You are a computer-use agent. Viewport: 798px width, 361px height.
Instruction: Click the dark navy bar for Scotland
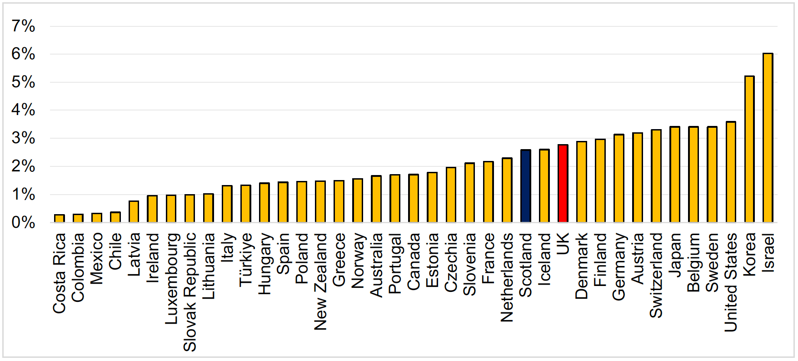pyautogui.click(x=525, y=186)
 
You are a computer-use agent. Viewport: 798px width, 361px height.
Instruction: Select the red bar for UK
pyautogui.click(x=563, y=184)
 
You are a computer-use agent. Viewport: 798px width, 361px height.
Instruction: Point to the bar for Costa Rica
pyautogui.click(x=60, y=218)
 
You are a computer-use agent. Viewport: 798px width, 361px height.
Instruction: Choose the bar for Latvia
pyautogui.click(x=134, y=211)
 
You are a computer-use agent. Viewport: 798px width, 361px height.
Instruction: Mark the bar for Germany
pyautogui.click(x=618, y=178)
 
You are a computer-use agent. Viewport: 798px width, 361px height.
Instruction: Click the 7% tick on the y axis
pyautogui.click(x=23, y=26)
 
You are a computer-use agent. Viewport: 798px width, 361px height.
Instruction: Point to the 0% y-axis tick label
pyautogui.click(x=23, y=223)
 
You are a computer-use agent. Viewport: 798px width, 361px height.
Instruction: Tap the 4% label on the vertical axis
pyautogui.click(x=23, y=110)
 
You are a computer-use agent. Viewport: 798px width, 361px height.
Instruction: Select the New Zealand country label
pyautogui.click(x=321, y=281)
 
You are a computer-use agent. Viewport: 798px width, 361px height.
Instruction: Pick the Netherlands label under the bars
pyautogui.click(x=507, y=277)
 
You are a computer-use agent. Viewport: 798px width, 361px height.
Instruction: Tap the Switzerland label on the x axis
pyautogui.click(x=656, y=275)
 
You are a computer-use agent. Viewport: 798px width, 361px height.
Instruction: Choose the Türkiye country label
pyautogui.click(x=246, y=259)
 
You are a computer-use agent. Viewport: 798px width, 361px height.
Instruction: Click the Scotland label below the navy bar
pyautogui.click(x=525, y=265)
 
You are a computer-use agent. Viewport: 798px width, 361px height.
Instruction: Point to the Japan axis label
pyautogui.click(x=675, y=254)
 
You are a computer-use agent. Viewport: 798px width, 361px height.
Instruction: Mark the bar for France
pyautogui.click(x=488, y=192)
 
